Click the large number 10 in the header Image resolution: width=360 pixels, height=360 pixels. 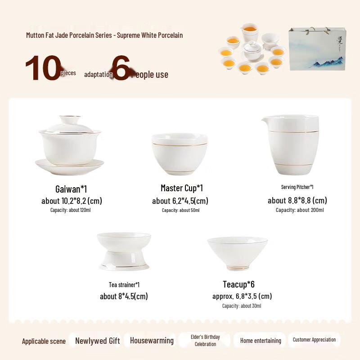pyautogui.click(x=42, y=68)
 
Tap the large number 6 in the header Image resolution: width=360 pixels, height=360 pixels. pyautogui.click(x=121, y=69)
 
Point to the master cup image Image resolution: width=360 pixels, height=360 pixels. pyautogui.click(x=180, y=154)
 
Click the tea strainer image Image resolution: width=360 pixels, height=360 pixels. pyautogui.click(x=124, y=251)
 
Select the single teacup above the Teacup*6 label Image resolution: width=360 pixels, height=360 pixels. pyautogui.click(x=237, y=253)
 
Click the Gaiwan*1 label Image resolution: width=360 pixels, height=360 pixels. pyautogui.click(x=71, y=189)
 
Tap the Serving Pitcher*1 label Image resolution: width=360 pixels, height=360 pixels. pyautogui.click(x=297, y=187)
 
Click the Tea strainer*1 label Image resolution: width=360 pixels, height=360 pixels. pyautogui.click(x=124, y=285)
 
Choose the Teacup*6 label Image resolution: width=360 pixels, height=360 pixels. pyautogui.click(x=239, y=284)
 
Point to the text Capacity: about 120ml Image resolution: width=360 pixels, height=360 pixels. pyautogui.click(x=71, y=210)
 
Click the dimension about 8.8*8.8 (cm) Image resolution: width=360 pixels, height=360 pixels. pyautogui.click(x=297, y=201)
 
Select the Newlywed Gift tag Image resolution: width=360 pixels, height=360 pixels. pyautogui.click(x=97, y=341)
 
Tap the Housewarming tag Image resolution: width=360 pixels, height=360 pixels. pyautogui.click(x=152, y=341)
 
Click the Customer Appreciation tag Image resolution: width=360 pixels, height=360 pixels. pyautogui.click(x=314, y=340)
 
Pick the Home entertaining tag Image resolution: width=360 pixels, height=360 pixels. pyautogui.click(x=261, y=341)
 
